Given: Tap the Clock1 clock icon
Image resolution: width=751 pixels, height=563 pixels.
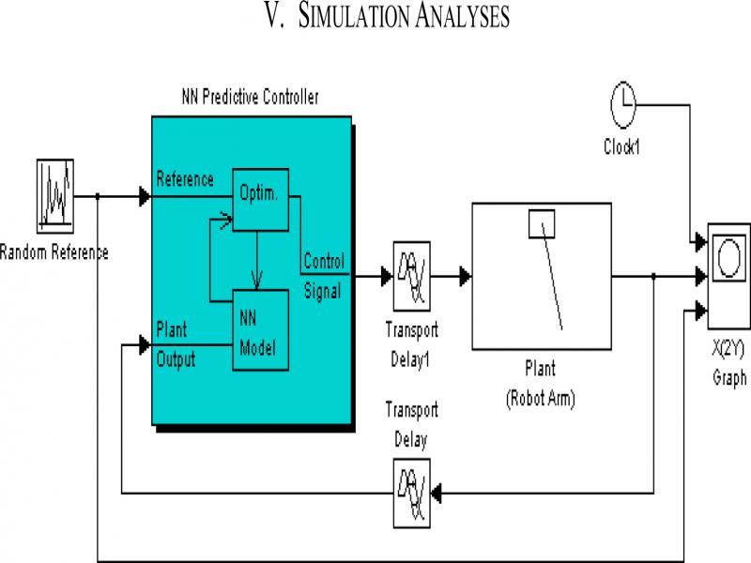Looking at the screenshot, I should point(624,104).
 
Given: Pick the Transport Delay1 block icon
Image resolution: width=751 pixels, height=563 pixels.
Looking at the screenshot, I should point(411,277).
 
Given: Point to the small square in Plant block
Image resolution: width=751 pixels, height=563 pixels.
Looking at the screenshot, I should point(543,223).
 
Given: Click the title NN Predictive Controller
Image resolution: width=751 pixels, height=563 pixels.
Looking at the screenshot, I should point(250,96).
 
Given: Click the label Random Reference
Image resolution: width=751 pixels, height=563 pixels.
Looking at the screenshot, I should point(54,251).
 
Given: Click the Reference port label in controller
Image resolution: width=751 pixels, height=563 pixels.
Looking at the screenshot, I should point(185,179).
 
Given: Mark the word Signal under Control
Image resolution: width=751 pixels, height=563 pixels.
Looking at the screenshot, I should point(322,291).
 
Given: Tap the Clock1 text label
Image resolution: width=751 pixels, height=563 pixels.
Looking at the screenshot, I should point(624,146).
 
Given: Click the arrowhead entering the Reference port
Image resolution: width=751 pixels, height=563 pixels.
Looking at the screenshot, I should point(145,196).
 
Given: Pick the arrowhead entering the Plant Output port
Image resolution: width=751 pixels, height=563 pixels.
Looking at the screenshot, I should point(145,345).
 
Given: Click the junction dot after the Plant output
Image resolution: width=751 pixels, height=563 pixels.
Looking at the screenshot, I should point(652,277).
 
